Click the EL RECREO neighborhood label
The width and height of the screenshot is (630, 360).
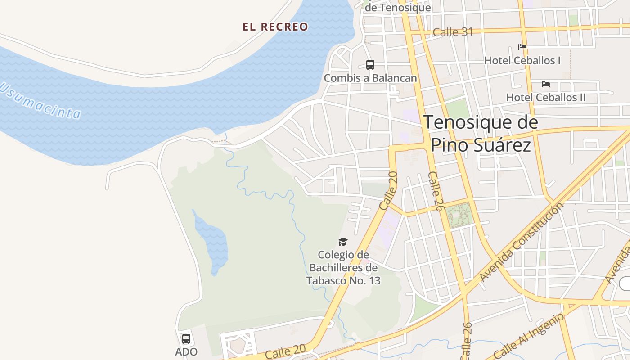coord(275,27)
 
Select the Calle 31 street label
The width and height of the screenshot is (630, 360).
coord(453,32)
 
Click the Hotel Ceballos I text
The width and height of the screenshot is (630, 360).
coord(522,60)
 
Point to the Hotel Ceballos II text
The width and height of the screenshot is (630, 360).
coord(545,97)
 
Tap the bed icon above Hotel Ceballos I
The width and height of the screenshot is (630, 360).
coord(522,47)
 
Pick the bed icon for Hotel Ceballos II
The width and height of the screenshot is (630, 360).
coord(545,84)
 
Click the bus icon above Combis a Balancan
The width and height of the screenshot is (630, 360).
coord(370,65)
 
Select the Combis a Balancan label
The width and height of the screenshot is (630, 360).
coord(370,78)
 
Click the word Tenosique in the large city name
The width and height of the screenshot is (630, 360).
coord(481,122)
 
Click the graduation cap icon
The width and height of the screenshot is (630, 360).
coord(343,242)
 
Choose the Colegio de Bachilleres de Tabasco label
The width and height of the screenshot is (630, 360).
coord(343,268)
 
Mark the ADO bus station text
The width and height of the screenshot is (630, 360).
coord(186,352)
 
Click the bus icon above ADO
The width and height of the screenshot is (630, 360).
coord(186,339)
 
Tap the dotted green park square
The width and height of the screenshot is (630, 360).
coord(459,215)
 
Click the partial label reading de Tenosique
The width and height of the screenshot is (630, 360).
coord(397,8)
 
